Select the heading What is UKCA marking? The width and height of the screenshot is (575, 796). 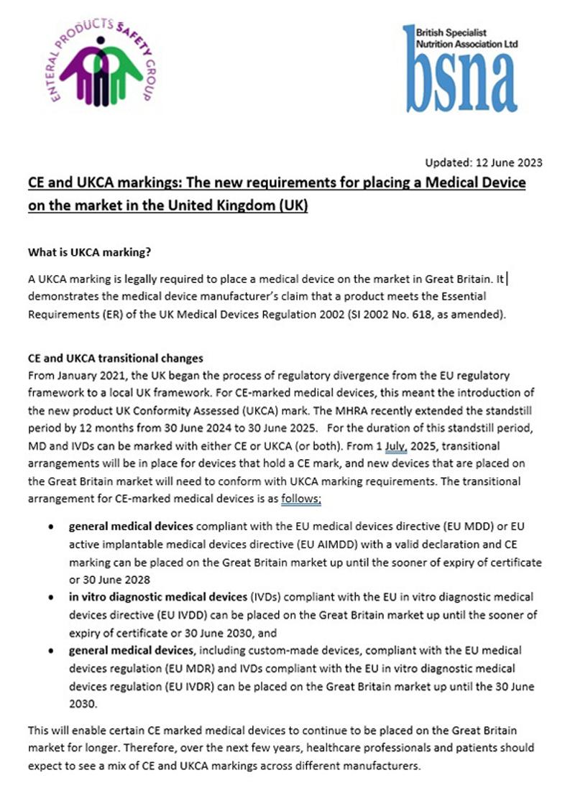coord(90,252)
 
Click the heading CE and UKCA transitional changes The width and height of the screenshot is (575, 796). coord(115,358)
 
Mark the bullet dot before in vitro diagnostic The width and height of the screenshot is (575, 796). coord(51,597)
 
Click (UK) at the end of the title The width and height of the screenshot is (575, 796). coord(294,205)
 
